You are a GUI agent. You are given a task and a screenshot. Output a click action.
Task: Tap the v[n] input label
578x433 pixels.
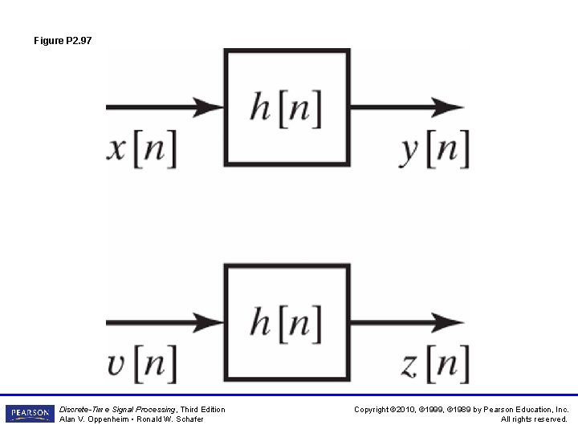pos(141,365)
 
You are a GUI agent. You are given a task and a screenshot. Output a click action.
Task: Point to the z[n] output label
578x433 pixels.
pos(433,365)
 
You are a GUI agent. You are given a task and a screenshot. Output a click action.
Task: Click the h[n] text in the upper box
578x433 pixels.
pos(286,107)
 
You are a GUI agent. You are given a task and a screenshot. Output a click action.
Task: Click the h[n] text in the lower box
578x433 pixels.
pos(286,323)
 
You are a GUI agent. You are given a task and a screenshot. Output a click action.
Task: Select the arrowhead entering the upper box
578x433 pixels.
pos(210,107)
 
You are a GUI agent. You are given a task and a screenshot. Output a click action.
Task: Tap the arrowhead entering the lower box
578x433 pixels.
pos(210,323)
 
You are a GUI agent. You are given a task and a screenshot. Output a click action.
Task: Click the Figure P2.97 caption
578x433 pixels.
pos(63,39)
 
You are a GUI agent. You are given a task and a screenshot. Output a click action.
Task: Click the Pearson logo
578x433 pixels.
pos(30,413)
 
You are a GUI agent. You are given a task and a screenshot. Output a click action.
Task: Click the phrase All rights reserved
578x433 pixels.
pos(535,419)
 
